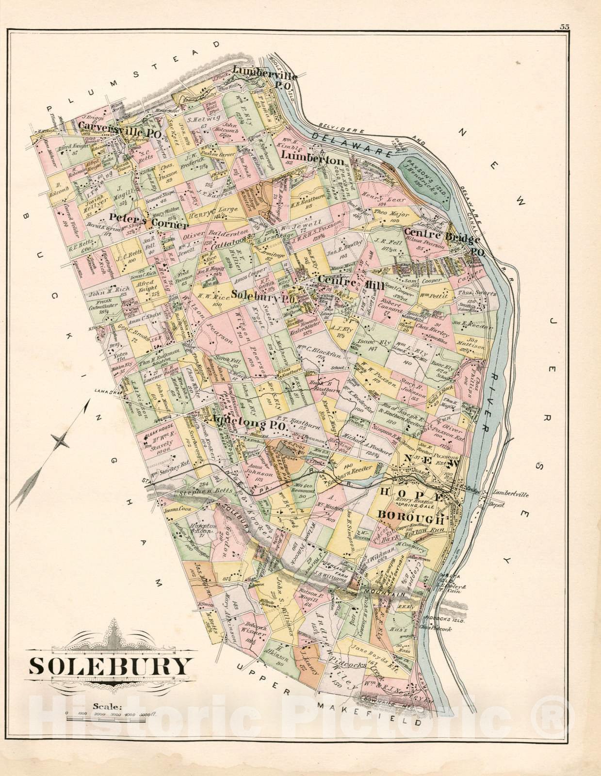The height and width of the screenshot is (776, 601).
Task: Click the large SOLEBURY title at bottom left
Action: [x=110, y=666]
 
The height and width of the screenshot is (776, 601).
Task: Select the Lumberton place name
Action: [x=313, y=160]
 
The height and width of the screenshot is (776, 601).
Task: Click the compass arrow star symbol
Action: [x=62, y=441]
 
